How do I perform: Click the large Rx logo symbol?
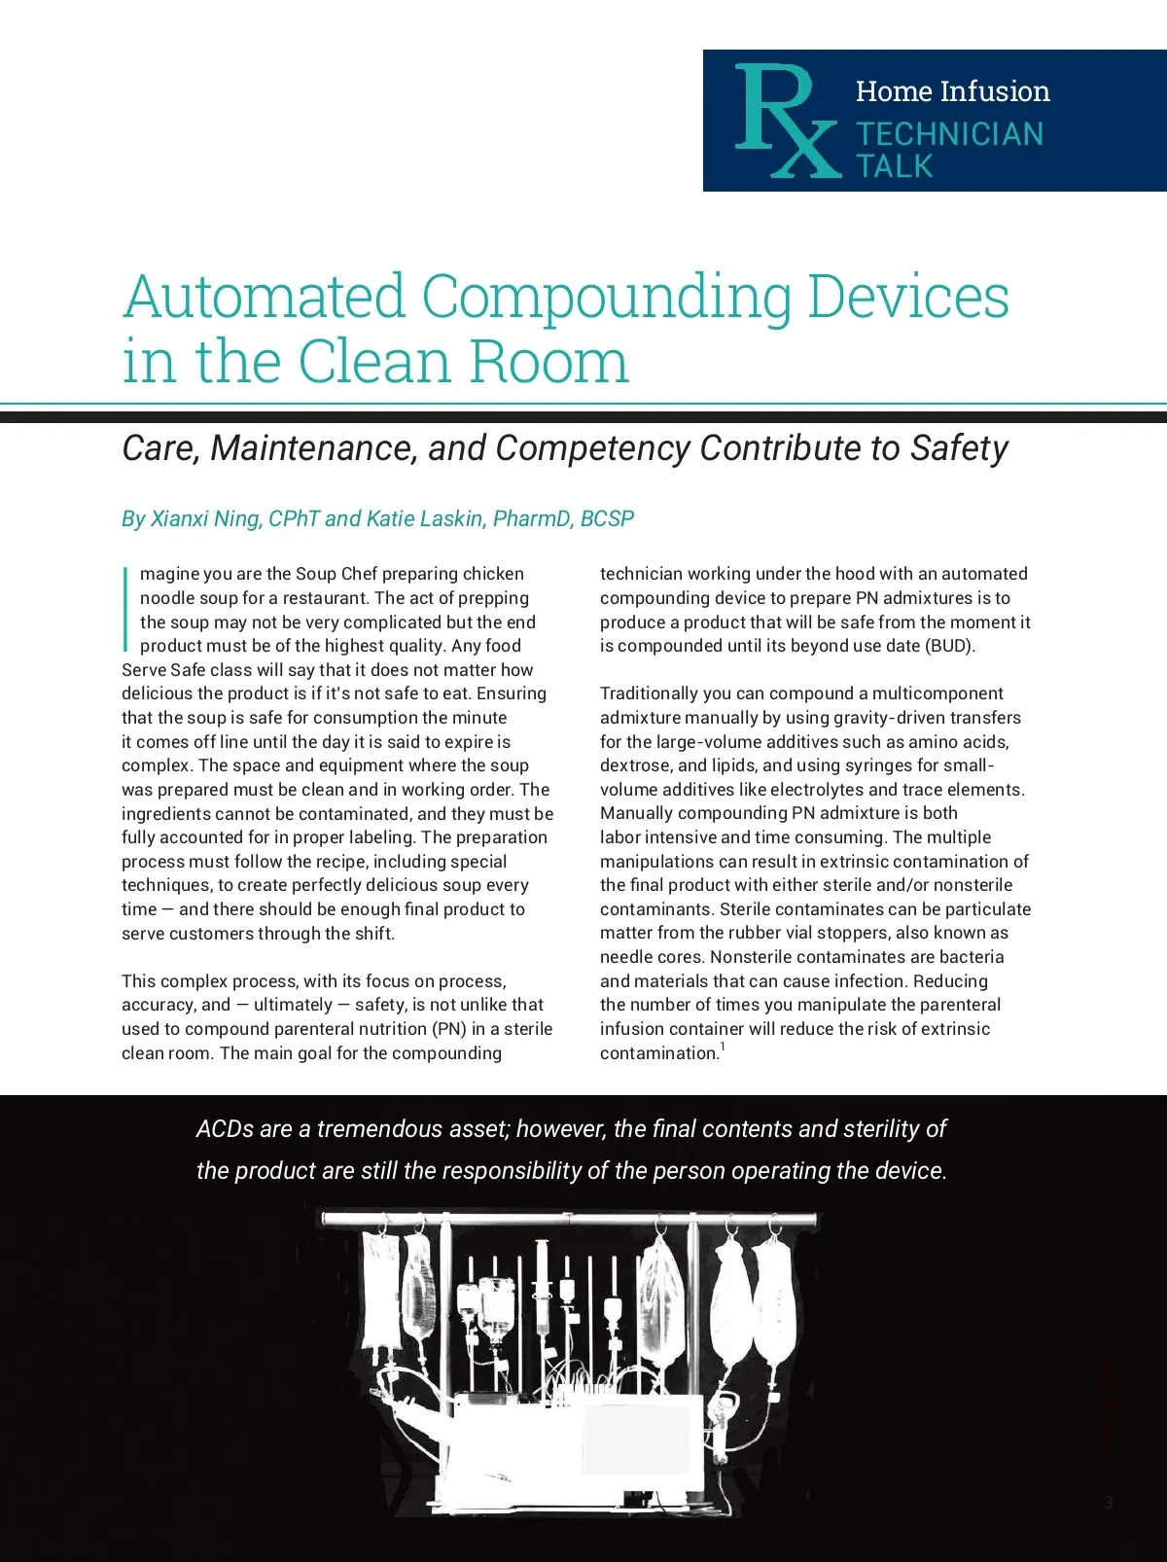point(784,121)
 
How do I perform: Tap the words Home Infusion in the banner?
point(952,91)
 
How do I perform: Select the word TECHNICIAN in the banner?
point(949,134)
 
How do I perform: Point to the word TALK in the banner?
point(894,166)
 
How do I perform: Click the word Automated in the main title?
point(264,297)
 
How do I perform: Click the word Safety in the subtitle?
point(958,448)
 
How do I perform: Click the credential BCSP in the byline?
point(607,519)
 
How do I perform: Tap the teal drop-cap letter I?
point(126,609)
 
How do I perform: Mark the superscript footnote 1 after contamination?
point(723,1047)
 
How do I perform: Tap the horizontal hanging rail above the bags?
point(569,1218)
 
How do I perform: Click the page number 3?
point(1109,1503)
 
